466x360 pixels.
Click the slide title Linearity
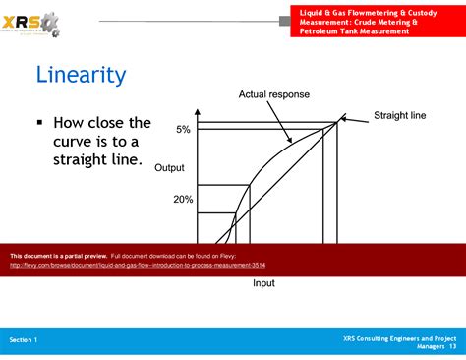pos(81,75)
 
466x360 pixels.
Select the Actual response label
pos(273,94)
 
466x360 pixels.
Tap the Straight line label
pos(400,116)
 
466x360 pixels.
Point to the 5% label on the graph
pos(184,130)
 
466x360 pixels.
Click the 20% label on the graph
pos(183,199)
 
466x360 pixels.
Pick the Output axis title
pos(169,168)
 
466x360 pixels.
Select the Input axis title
pos(263,284)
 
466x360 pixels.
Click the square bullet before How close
pos(40,124)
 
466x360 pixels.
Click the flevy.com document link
pos(138,265)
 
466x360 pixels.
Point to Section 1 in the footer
pos(24,339)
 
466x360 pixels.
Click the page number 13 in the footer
pos(452,346)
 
